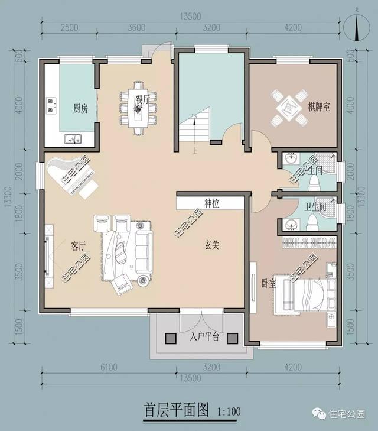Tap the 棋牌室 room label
click(x=319, y=107)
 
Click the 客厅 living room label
click(x=79, y=245)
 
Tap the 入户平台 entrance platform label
click(x=205, y=337)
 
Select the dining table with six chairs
click(x=139, y=109)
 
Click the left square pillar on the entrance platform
click(x=171, y=338)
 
